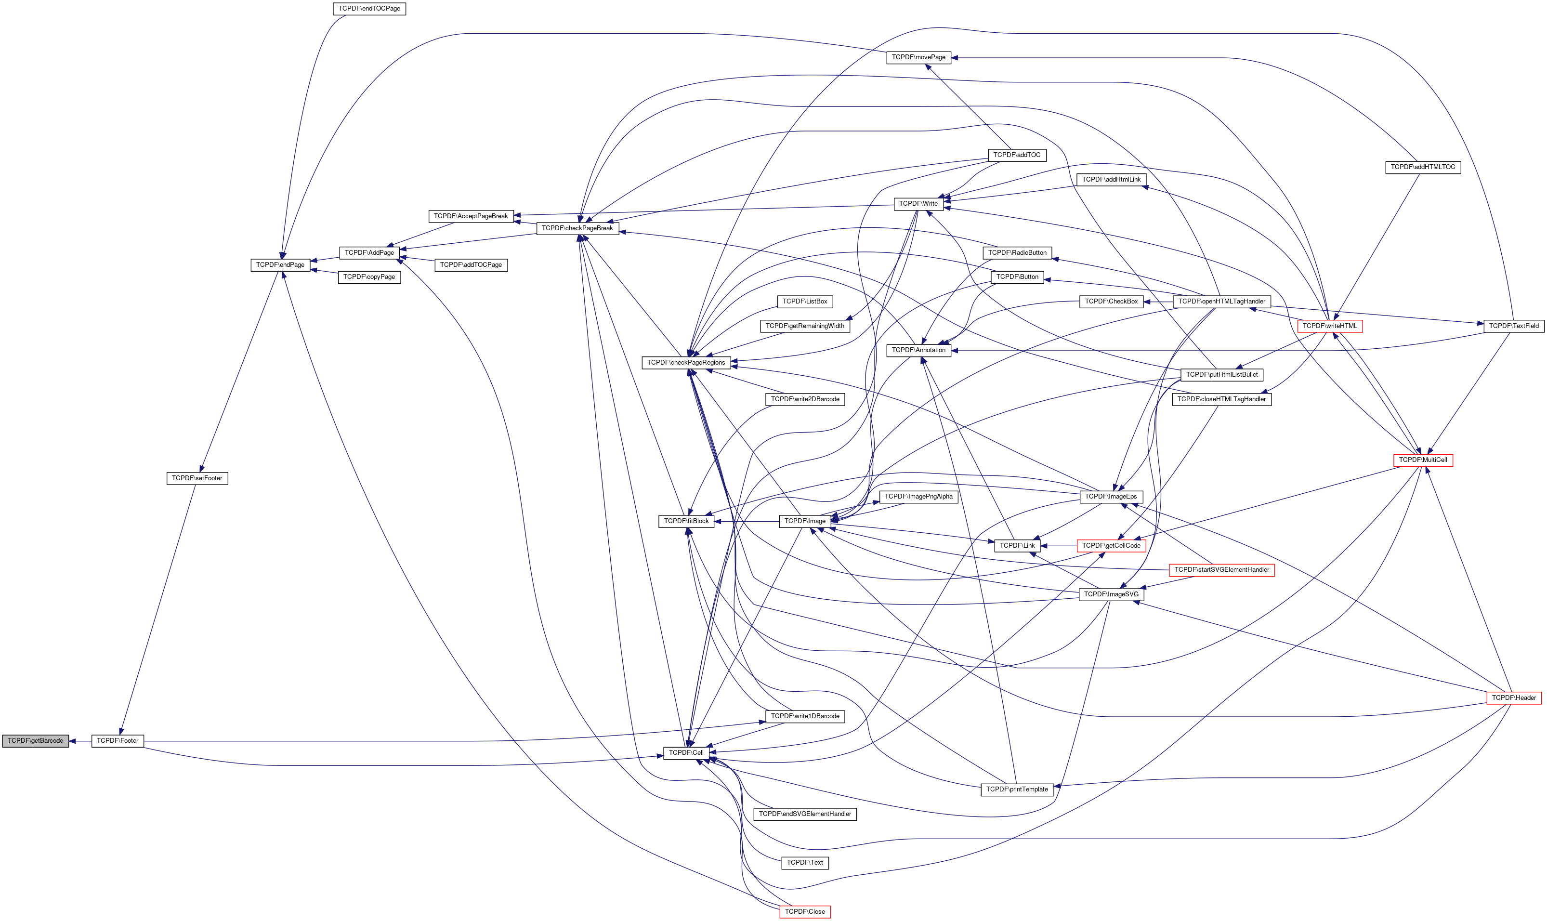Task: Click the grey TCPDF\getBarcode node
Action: click(x=35, y=741)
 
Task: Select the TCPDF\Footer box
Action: click(x=118, y=741)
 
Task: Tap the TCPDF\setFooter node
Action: click(x=197, y=478)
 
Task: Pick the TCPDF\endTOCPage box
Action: click(x=369, y=9)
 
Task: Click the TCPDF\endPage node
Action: click(x=280, y=265)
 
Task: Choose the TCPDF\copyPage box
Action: click(x=369, y=277)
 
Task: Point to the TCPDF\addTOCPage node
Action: click(x=471, y=265)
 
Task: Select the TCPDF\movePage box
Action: click(x=918, y=57)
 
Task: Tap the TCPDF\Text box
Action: click(x=805, y=863)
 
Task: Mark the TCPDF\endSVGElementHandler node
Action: click(x=805, y=814)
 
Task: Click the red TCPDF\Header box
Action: click(x=1513, y=698)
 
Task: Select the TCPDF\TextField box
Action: click(x=1513, y=326)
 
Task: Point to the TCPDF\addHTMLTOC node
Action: click(x=1423, y=167)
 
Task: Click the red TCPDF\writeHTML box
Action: click(x=1330, y=326)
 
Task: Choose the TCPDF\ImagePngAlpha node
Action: click(x=918, y=497)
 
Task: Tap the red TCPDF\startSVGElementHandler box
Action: click(x=1222, y=570)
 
